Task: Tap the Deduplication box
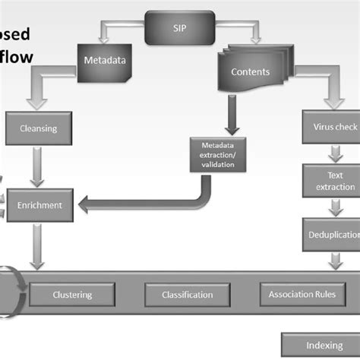(332, 235)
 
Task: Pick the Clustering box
(72, 294)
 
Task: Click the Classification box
(188, 294)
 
